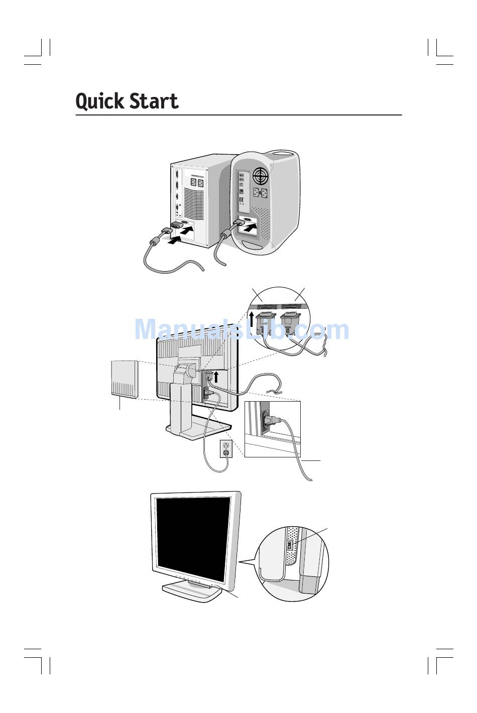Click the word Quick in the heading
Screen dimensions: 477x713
point(100,101)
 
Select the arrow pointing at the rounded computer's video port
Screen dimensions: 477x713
point(253,228)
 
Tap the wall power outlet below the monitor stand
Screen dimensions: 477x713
point(226,448)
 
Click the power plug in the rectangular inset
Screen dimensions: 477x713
point(268,419)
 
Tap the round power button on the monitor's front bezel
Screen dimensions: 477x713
point(215,585)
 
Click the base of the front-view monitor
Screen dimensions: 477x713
point(192,593)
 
